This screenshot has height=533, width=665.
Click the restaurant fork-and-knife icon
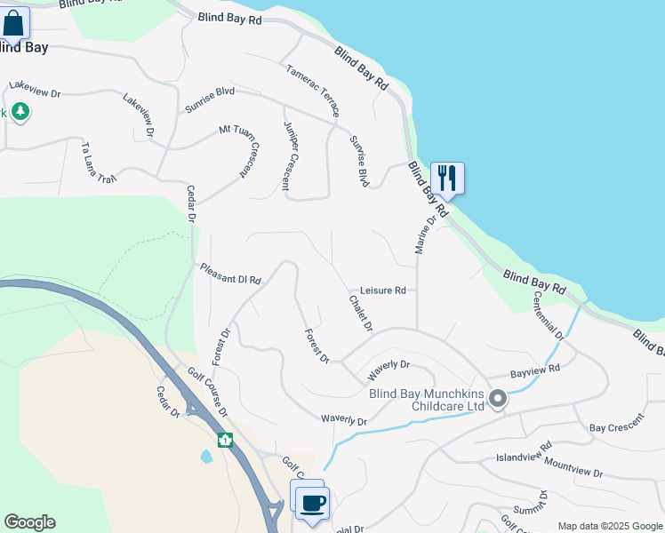coord(447,178)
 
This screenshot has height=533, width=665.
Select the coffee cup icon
coord(312,503)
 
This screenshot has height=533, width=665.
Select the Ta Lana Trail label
coord(98,161)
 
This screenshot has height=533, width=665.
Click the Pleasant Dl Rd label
coord(229,274)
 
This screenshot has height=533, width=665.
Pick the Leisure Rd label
coord(382,290)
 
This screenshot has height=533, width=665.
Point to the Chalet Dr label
coord(360,310)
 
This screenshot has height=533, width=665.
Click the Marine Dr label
coord(425,235)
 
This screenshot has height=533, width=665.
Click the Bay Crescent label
coord(616,427)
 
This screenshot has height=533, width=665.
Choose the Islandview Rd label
coord(524,458)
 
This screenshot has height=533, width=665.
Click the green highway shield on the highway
coord(225,440)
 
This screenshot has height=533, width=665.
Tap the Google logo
coord(29,522)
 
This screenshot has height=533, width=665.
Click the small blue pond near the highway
coord(206,457)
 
